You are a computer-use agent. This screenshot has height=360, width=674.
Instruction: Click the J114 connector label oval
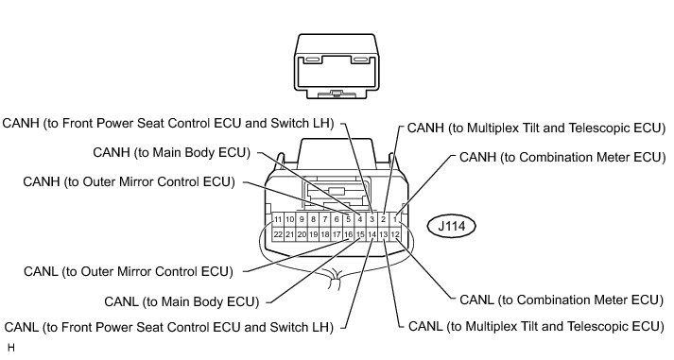point(451,226)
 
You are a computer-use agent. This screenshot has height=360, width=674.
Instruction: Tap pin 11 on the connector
point(278,219)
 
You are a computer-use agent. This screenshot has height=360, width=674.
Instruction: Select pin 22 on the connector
point(278,234)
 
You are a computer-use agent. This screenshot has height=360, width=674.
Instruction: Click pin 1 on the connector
point(395,219)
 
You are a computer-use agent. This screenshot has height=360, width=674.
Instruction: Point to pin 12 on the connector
point(395,234)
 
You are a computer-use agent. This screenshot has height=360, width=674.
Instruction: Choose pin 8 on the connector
point(313,219)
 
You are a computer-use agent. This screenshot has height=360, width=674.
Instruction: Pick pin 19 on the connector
point(313,234)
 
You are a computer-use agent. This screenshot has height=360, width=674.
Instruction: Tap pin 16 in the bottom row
point(349,234)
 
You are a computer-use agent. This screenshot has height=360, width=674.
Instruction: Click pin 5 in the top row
point(349,219)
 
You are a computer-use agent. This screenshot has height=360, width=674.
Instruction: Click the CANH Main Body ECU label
point(171,152)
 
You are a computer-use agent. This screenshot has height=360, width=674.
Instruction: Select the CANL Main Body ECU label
point(181,301)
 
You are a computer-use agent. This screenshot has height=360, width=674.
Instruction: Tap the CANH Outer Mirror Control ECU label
point(129,181)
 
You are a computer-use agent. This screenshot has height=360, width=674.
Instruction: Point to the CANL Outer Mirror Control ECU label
point(129,271)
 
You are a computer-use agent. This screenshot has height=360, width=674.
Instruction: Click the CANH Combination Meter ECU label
point(562,157)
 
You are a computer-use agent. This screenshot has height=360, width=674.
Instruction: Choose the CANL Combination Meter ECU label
point(562,300)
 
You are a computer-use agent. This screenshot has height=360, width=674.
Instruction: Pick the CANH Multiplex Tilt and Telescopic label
point(536,128)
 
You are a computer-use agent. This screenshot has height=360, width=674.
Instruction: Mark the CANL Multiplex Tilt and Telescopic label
point(536,327)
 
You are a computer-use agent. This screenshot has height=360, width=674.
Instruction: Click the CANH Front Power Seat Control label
point(168,123)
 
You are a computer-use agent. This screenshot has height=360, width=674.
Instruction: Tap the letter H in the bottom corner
point(11,348)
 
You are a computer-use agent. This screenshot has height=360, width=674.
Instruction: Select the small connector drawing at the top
point(337,66)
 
